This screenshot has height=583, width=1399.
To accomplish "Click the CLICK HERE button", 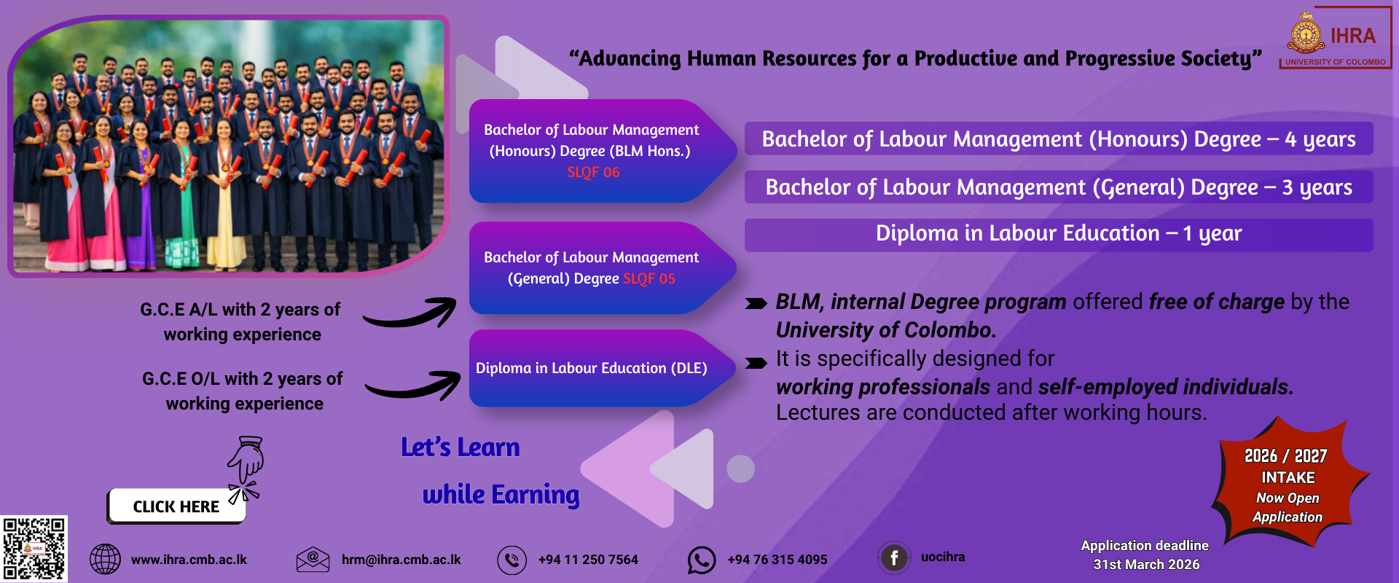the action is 176,506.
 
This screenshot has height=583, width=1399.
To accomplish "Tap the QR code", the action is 34,549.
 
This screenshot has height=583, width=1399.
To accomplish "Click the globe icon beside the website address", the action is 105,560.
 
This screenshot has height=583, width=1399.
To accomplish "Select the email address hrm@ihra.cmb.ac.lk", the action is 401,560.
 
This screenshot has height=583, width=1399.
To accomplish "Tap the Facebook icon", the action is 894,558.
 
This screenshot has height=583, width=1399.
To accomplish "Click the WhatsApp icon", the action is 702,560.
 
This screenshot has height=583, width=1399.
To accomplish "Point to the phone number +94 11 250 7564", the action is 588,560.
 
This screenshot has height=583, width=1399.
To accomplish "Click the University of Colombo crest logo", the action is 1306,34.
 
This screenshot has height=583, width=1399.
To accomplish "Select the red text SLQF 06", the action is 593,173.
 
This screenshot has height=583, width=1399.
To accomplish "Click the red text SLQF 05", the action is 649,279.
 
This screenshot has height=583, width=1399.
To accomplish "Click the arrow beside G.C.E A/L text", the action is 410,313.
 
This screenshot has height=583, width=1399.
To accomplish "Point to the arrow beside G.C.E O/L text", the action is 412,385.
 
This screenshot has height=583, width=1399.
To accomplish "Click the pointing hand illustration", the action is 246,467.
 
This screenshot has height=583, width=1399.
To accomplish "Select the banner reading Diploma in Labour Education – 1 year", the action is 1059,235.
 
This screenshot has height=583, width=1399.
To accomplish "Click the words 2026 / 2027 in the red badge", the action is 1286,456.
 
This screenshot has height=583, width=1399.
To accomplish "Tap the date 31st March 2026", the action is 1146,565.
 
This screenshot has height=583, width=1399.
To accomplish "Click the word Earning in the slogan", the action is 536,495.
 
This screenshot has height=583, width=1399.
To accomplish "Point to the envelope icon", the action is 313,560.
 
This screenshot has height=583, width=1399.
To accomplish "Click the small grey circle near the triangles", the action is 740,469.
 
